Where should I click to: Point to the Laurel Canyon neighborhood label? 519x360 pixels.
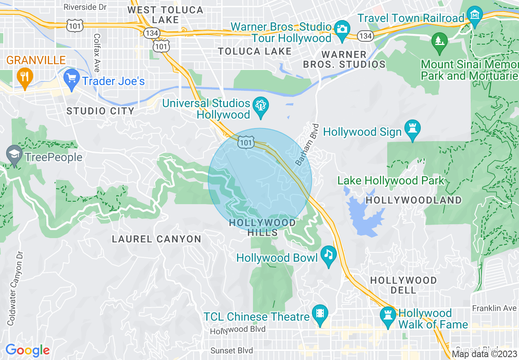156,239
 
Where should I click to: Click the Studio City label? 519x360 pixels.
100,111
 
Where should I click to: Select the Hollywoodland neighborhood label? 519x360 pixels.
413,200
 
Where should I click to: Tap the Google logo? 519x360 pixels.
27,350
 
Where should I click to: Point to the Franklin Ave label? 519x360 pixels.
494,308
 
